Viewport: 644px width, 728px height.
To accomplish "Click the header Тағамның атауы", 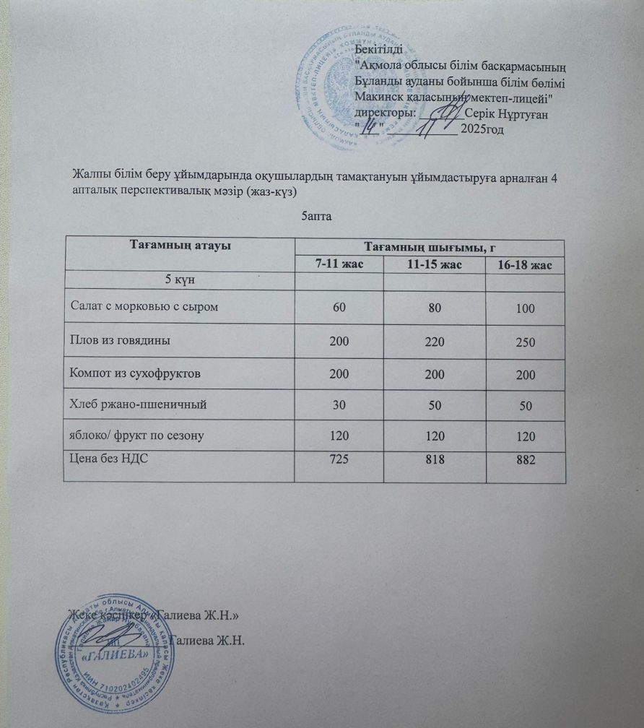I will tap(180, 246).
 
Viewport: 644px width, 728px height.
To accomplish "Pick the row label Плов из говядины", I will tap(120, 341).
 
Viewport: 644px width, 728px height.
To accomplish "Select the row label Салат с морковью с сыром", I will tap(144, 307).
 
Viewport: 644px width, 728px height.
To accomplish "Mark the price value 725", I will tap(339, 459).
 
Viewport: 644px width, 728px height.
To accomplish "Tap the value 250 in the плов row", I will tap(526, 342).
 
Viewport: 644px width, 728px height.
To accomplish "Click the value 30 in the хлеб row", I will tap(339, 406).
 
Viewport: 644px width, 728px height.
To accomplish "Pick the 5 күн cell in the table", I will tap(180, 279).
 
